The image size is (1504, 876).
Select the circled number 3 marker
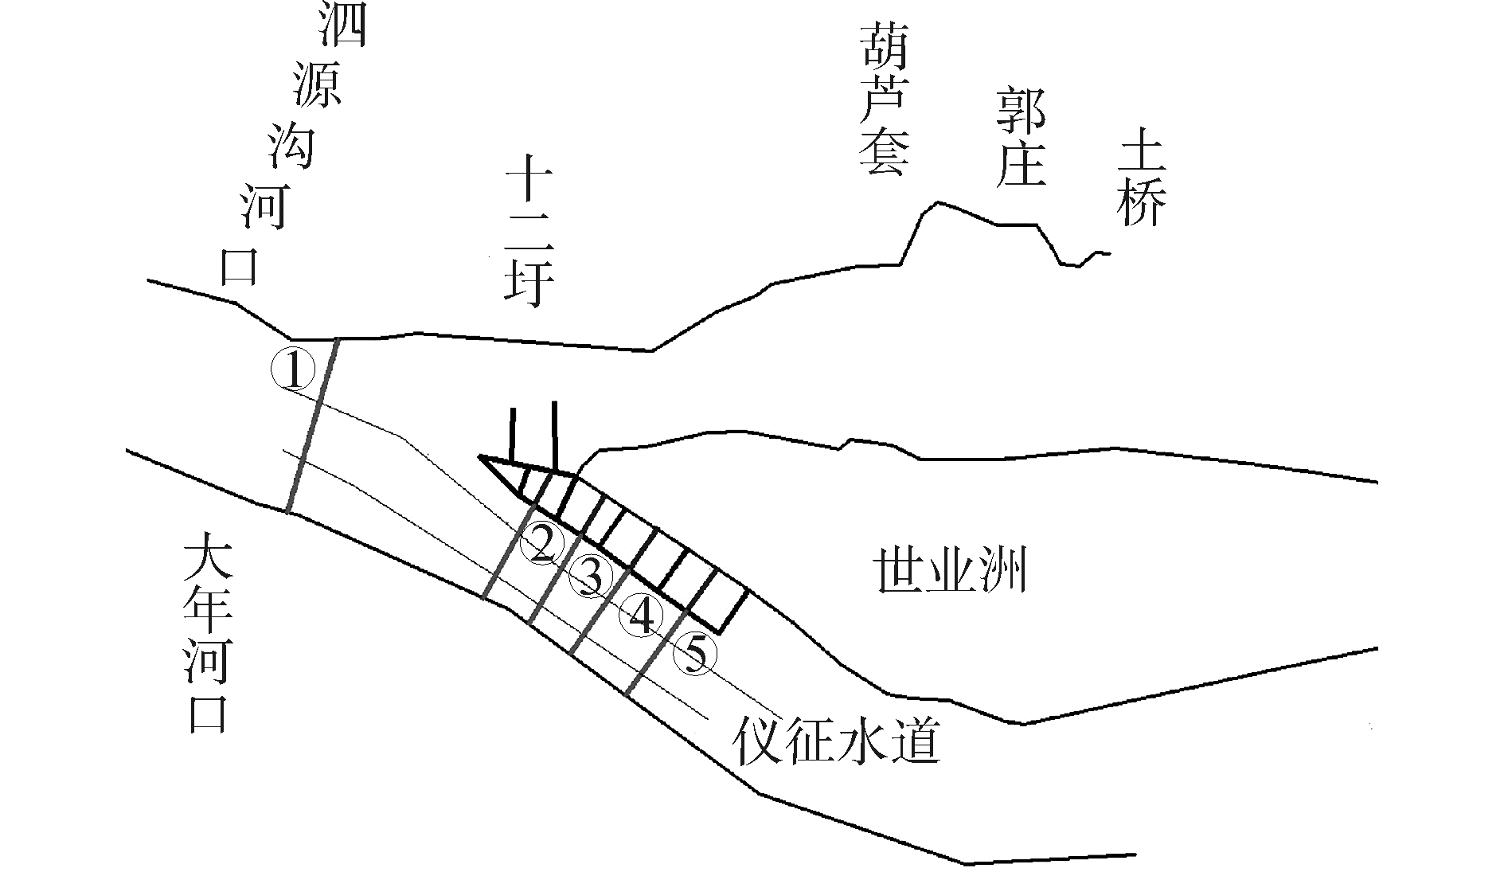pyautogui.click(x=591, y=577)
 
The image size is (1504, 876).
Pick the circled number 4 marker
pyautogui.click(x=643, y=616)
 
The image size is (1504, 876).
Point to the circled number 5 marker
pyautogui.click(x=695, y=655)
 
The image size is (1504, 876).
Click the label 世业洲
pyautogui.click(x=951, y=570)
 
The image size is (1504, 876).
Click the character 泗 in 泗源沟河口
pyautogui.click(x=342, y=24)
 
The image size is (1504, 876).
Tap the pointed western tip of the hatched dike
pyautogui.click(x=480, y=457)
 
